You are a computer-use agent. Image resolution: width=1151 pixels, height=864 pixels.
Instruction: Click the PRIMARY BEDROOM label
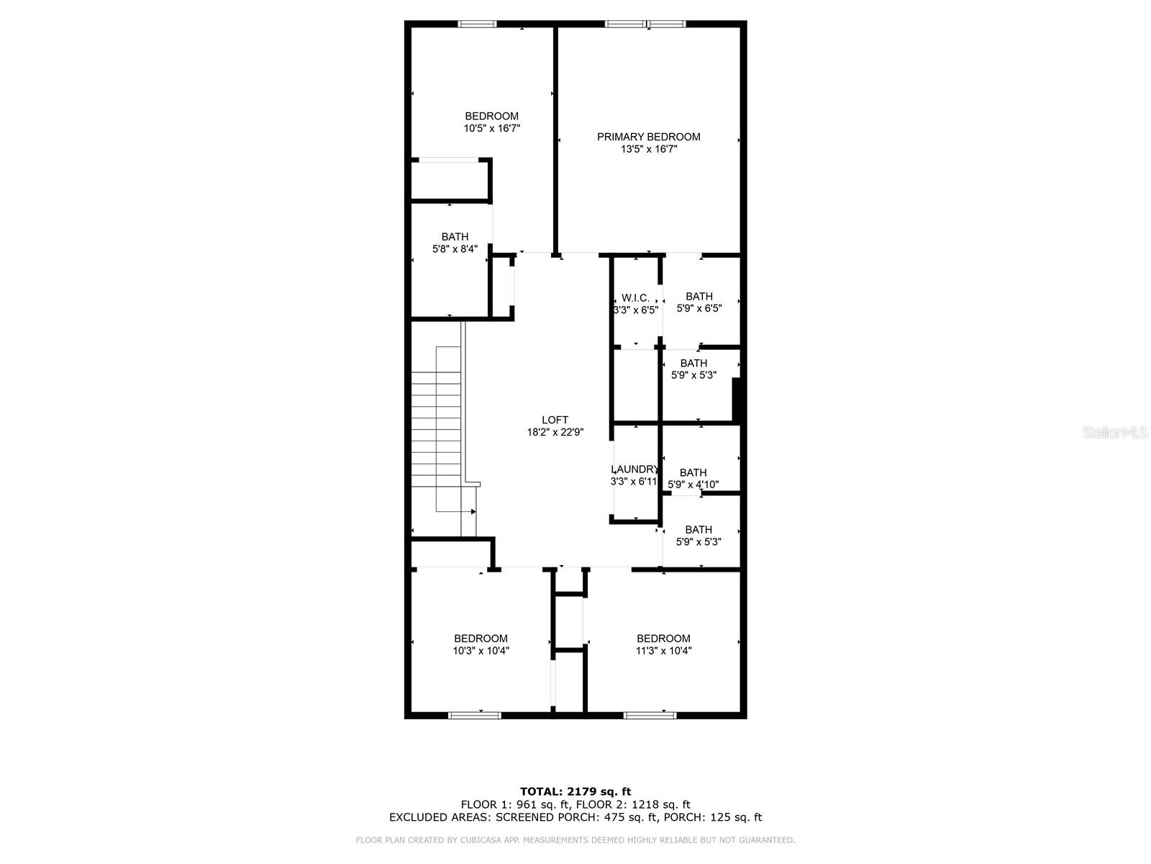tap(648, 137)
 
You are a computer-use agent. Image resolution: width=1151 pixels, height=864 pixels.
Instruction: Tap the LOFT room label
tap(555, 420)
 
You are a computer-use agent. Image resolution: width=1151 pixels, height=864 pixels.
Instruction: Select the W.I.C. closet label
tap(635, 298)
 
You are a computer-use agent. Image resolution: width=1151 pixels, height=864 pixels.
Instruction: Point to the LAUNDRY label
tap(634, 469)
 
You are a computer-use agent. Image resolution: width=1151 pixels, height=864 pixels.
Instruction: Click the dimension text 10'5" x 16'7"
tap(491, 128)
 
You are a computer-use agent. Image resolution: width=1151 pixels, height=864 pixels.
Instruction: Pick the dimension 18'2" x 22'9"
tap(555, 432)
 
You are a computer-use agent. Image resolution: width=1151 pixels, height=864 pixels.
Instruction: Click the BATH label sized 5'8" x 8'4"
tap(455, 237)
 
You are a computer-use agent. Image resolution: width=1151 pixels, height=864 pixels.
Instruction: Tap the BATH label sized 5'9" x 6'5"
tap(699, 297)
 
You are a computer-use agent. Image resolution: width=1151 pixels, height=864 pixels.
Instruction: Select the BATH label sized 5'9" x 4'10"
tap(693, 472)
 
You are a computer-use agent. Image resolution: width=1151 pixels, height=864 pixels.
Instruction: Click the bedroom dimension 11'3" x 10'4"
tap(663, 650)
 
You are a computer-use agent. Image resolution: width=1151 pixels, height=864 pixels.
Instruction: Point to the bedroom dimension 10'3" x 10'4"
tap(481, 650)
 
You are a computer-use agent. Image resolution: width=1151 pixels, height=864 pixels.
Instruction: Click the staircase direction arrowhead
tap(473, 511)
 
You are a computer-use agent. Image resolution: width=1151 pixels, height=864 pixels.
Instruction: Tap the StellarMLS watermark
tap(1115, 432)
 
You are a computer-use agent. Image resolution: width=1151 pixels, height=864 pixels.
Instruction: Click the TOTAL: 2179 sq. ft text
tap(575, 791)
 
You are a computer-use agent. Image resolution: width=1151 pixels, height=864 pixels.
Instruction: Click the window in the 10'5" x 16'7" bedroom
tap(477, 24)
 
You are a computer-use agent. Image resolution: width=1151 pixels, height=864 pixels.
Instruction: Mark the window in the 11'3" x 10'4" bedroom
tap(650, 715)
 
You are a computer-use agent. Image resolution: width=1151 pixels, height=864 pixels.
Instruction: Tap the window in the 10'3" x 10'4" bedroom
tap(475, 715)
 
